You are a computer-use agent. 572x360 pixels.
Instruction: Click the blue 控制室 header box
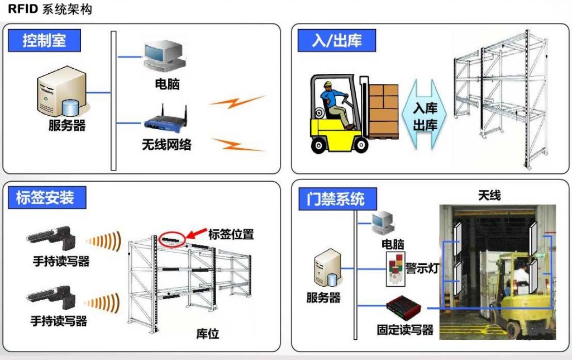(x=44, y=40)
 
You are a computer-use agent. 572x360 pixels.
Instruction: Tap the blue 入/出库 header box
(x=337, y=40)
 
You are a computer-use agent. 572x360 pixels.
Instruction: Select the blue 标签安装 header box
(x=47, y=197)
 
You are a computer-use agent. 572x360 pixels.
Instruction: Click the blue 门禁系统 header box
(x=338, y=199)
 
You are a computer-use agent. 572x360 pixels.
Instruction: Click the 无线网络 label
(x=166, y=145)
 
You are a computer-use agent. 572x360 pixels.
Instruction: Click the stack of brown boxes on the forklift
(x=383, y=111)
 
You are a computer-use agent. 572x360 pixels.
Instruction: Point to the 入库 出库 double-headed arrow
(x=425, y=115)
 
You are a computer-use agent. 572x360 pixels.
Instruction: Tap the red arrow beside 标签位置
(x=196, y=234)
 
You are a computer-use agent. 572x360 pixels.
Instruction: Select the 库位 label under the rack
(x=207, y=333)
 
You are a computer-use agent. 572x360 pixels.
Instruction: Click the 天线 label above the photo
(x=489, y=195)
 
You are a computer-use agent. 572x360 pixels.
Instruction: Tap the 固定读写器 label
(x=405, y=330)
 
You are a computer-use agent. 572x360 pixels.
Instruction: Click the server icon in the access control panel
(x=327, y=268)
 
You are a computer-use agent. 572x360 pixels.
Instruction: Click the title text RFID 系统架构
(x=50, y=9)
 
